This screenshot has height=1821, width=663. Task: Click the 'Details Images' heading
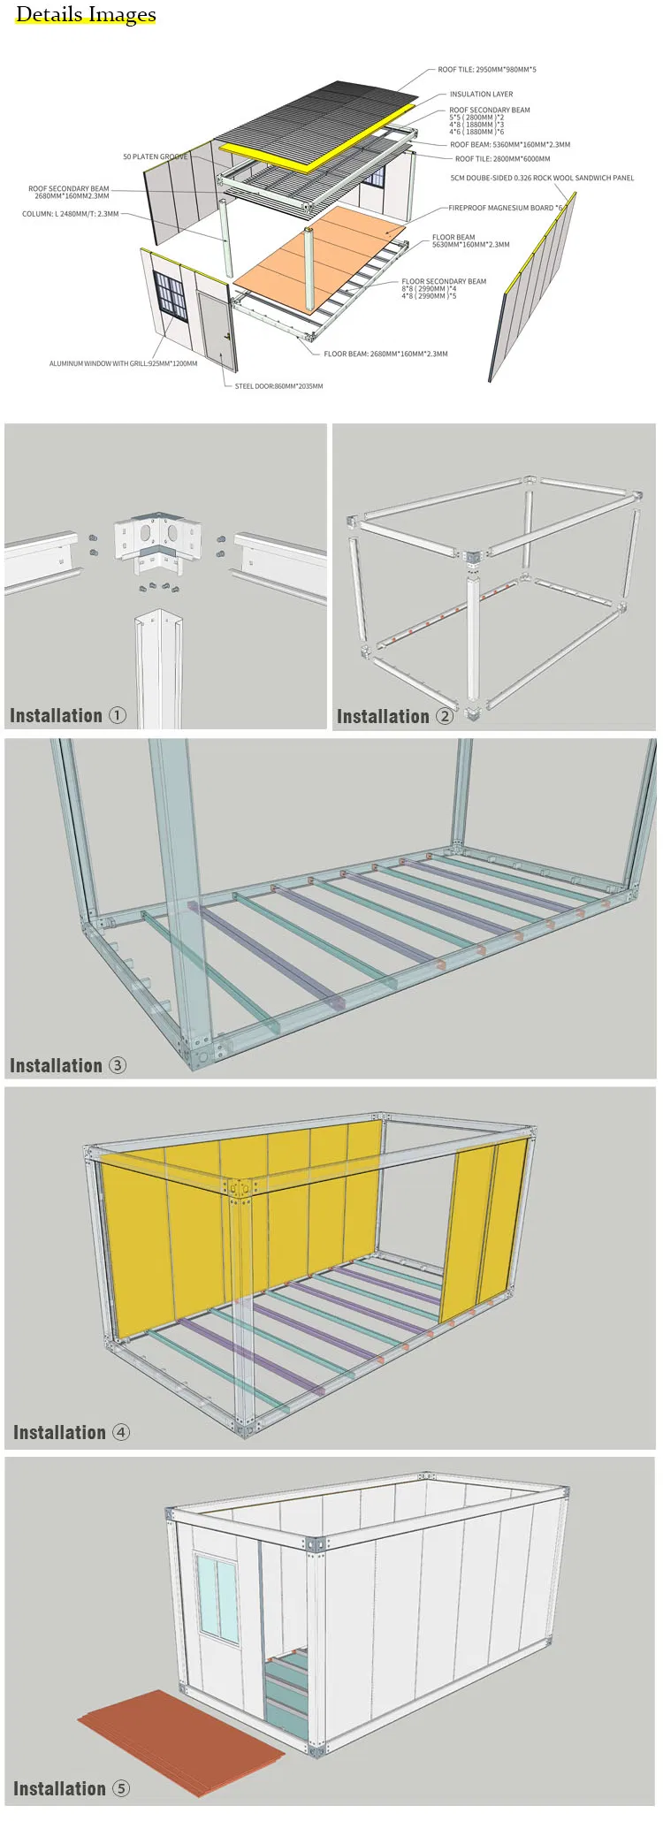pos(86,15)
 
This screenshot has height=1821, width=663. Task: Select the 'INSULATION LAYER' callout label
pos(481,94)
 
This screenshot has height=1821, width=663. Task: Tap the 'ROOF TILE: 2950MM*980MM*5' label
pos(486,69)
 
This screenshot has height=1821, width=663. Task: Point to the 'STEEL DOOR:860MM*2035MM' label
pos(278,386)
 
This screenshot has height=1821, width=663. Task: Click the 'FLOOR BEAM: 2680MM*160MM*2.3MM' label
pos(385,354)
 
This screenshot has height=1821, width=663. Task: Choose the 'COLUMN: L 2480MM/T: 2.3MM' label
pos(71,214)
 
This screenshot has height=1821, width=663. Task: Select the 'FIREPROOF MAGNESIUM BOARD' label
pos(505,209)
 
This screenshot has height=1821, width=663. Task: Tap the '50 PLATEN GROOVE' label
pos(155,156)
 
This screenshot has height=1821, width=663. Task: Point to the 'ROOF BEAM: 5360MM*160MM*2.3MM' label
pos(509,145)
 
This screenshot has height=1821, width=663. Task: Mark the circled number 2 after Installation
pos(445,716)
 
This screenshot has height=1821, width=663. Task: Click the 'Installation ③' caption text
pos(67,1065)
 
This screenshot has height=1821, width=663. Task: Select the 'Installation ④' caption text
pos(71,1432)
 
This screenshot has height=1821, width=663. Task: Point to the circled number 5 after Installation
pos(121,1788)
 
